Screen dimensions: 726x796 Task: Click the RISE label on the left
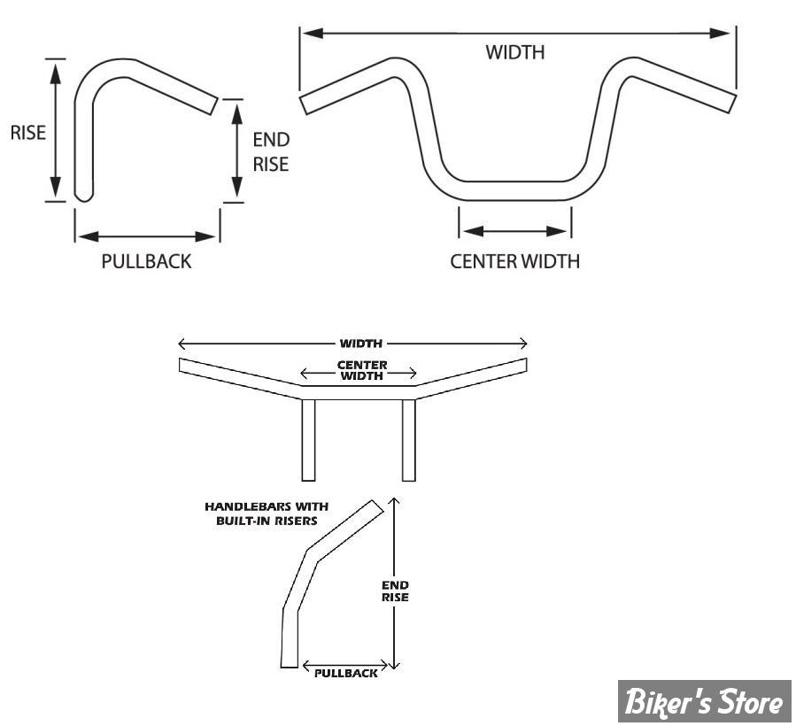[x=27, y=132]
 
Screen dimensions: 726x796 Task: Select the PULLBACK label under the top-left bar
[x=146, y=262]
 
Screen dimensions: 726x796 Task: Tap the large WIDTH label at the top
[x=514, y=52]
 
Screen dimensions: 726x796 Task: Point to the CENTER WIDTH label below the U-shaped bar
[x=514, y=261]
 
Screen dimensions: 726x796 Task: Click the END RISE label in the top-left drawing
[x=271, y=151]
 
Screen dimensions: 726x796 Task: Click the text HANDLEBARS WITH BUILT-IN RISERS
[x=267, y=513]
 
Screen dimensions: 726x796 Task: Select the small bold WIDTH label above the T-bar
[x=352, y=344]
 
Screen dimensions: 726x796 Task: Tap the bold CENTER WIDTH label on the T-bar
[x=359, y=370]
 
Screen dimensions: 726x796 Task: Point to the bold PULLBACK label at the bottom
[x=345, y=673]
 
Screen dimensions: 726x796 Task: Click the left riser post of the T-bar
[x=308, y=440]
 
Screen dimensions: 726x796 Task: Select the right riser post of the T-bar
[x=409, y=440]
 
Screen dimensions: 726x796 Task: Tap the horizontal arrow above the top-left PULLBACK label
[x=147, y=236]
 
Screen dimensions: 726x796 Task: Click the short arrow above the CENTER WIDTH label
[x=514, y=232]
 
